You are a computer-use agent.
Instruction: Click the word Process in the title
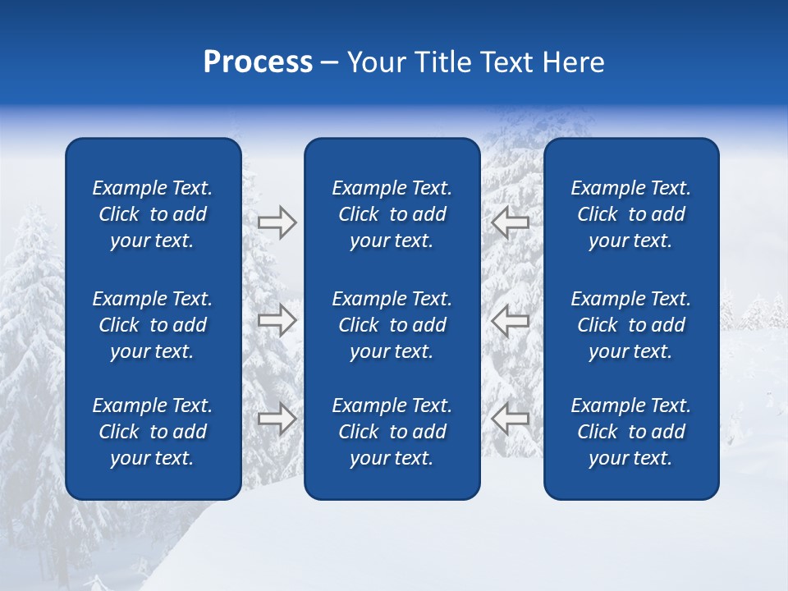click(258, 62)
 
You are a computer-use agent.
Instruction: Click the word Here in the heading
click(574, 62)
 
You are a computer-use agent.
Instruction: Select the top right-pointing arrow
click(277, 222)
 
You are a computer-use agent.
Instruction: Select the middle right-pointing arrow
click(277, 320)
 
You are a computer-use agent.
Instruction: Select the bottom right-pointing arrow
click(277, 419)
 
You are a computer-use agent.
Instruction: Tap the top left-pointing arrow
click(510, 222)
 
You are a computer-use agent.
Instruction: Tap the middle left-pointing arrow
click(510, 320)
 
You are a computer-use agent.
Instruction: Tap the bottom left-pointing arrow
click(510, 419)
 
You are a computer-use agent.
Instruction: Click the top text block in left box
click(153, 214)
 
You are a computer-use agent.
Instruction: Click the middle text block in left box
click(153, 325)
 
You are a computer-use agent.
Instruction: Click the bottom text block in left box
click(153, 432)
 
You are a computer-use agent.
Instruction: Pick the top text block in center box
click(392, 214)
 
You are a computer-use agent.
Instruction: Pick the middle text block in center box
click(392, 325)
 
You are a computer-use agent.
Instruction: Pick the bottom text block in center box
click(392, 432)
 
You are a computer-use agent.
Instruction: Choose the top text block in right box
click(631, 214)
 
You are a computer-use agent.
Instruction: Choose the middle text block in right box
click(631, 325)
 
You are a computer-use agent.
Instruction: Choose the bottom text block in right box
click(631, 432)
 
